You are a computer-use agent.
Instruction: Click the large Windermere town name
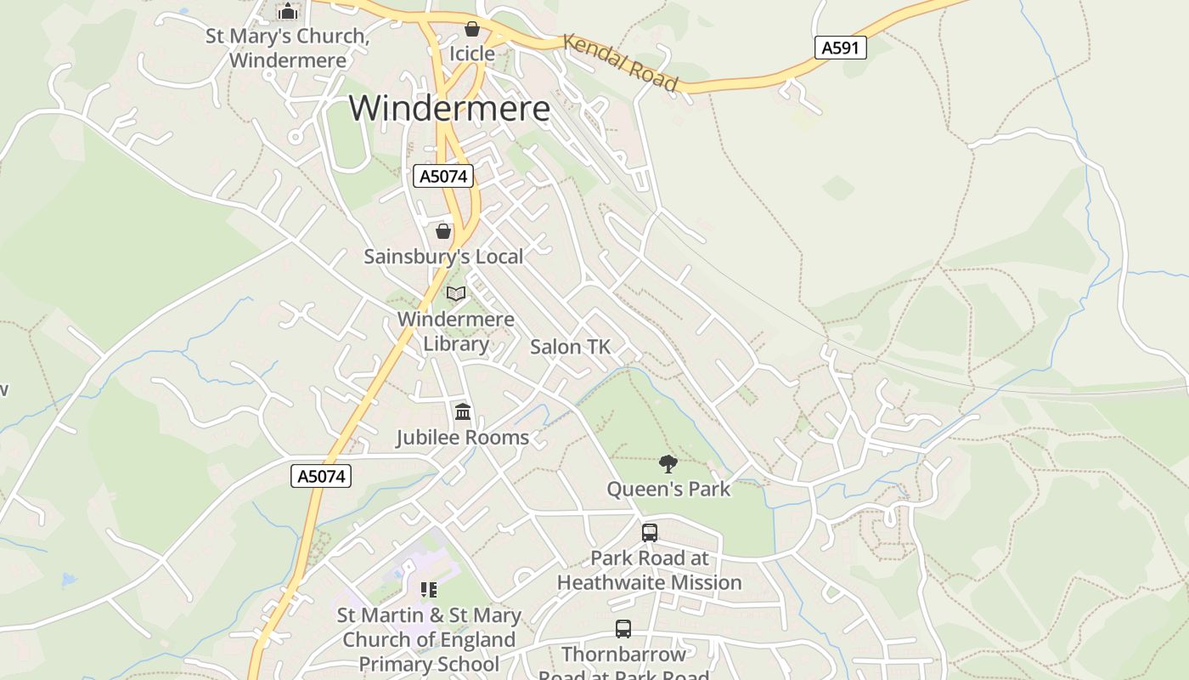click(x=449, y=109)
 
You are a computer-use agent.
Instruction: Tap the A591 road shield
click(x=840, y=48)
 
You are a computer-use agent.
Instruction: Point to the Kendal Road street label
click(x=621, y=62)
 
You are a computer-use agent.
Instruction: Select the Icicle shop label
click(x=471, y=54)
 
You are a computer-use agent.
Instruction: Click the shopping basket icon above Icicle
click(x=472, y=30)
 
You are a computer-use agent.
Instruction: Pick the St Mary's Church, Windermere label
click(x=288, y=48)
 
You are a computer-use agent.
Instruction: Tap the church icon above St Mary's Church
click(x=288, y=12)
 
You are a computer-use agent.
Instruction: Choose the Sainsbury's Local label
click(x=443, y=256)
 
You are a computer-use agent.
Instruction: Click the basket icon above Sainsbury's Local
click(x=443, y=230)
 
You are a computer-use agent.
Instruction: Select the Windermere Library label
click(x=456, y=331)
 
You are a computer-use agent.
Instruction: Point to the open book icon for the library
click(x=456, y=293)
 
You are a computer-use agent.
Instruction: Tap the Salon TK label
click(x=570, y=347)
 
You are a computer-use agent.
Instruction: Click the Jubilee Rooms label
click(x=463, y=437)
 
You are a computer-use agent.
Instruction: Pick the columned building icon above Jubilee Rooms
click(x=463, y=412)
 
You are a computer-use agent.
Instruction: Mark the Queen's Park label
click(x=668, y=489)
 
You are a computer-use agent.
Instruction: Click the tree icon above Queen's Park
click(x=668, y=463)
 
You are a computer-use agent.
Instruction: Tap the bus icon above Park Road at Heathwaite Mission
click(x=650, y=533)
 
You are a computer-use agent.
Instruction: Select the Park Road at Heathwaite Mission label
click(x=650, y=570)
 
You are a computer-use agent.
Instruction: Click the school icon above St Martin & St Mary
click(x=429, y=589)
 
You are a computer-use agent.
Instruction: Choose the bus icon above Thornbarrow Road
click(x=623, y=629)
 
